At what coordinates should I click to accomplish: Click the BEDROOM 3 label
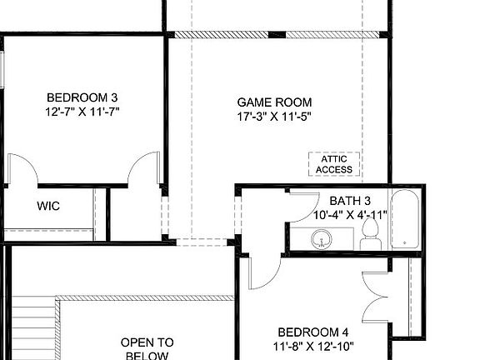click(80, 96)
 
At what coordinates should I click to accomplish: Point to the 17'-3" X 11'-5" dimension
click(273, 117)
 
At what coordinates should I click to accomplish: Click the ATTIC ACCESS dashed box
click(334, 164)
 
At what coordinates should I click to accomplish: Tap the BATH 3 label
click(350, 200)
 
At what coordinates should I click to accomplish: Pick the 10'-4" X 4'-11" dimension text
click(350, 214)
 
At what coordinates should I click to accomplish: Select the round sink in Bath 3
click(323, 240)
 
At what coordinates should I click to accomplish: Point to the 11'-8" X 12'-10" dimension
click(313, 345)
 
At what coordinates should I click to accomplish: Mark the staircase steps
click(32, 329)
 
